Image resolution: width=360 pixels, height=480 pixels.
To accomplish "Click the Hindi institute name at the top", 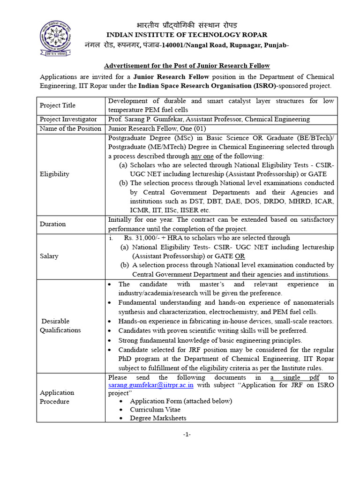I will [187, 25].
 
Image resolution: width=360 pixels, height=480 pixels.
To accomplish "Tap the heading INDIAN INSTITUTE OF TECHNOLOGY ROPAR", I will [187, 35].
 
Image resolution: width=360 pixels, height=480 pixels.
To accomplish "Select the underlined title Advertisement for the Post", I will [187, 66].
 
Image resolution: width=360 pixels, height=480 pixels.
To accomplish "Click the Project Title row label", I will [58, 105].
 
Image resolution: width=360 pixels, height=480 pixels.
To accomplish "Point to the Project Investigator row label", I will [68, 120].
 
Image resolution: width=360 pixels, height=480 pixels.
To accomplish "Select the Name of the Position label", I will [70, 128].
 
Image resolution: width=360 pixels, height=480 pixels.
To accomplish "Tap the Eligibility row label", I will [54, 174].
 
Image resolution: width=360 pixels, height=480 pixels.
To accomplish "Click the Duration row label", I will [52, 224].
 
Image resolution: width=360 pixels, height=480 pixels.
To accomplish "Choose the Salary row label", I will [49, 256].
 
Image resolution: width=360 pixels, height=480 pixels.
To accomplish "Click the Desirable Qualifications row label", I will [60, 325].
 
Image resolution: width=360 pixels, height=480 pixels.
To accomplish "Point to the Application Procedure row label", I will [57, 397].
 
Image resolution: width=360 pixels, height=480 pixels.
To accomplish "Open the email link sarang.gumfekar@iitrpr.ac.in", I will [151, 385].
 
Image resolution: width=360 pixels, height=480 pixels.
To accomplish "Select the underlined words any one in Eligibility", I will [202, 156].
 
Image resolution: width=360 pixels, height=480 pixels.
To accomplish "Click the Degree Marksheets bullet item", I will [158, 418].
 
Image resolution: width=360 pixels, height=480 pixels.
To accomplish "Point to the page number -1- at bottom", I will [187, 434].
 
